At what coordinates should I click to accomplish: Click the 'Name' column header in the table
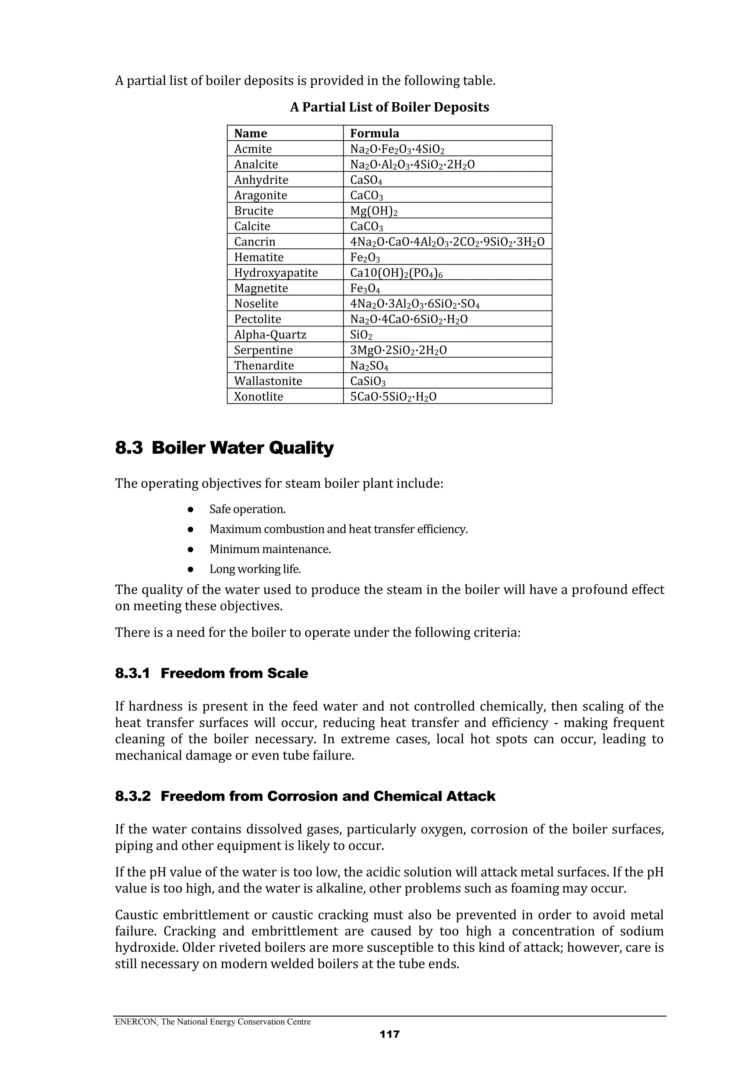click(x=250, y=133)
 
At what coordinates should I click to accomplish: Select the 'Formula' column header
click(x=374, y=133)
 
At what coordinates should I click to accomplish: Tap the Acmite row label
click(x=253, y=149)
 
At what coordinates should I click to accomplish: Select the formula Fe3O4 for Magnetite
click(x=365, y=288)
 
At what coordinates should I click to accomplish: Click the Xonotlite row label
click(x=258, y=397)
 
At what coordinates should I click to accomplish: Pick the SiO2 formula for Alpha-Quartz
click(x=361, y=335)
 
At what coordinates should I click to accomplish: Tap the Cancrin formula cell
click(x=447, y=242)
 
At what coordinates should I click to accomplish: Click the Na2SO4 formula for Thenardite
click(x=369, y=366)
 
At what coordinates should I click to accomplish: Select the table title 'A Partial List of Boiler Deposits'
click(x=389, y=107)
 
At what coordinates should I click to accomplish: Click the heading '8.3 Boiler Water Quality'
click(x=224, y=448)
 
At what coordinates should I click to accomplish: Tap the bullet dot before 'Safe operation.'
click(x=190, y=509)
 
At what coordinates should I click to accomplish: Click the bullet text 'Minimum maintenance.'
click(x=270, y=549)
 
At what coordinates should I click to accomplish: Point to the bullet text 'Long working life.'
click(x=255, y=569)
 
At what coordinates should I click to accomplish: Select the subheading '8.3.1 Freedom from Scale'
click(x=211, y=673)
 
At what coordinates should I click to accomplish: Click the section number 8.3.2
click(x=133, y=796)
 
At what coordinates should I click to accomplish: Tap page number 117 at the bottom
click(x=389, y=1034)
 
